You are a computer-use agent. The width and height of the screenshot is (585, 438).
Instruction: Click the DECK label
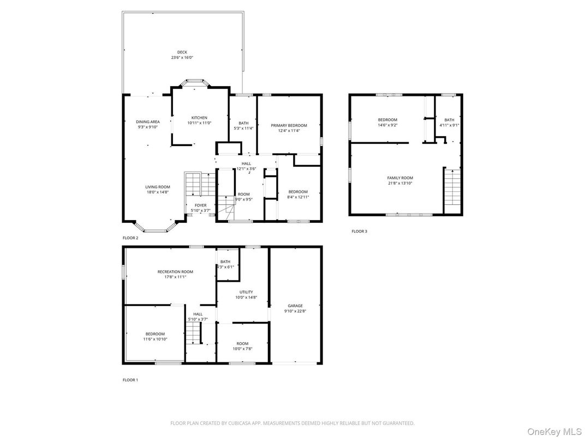click(x=182, y=52)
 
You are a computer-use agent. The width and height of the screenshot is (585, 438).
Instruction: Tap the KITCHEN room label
click(x=199, y=118)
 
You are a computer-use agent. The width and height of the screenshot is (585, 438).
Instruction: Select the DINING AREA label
click(x=147, y=121)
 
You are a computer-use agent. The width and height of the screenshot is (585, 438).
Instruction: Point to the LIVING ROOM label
click(x=158, y=187)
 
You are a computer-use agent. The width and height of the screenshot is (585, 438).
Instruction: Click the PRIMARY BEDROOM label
click(x=289, y=125)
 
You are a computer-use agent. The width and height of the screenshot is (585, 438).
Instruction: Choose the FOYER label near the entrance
click(x=200, y=205)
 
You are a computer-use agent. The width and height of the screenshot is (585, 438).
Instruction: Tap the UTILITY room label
click(x=246, y=292)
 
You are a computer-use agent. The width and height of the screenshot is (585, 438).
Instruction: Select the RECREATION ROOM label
click(x=175, y=271)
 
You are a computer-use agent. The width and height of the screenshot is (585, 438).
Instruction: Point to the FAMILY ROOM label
click(x=400, y=178)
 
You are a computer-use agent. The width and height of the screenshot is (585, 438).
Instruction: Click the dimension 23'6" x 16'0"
click(x=182, y=58)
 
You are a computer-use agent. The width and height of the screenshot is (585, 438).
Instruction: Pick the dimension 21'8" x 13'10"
click(x=400, y=183)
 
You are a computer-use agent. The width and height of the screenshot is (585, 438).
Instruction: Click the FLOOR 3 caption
click(x=359, y=232)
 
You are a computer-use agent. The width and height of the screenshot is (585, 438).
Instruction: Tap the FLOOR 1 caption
click(x=130, y=380)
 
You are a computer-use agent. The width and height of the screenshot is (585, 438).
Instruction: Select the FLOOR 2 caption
click(x=130, y=238)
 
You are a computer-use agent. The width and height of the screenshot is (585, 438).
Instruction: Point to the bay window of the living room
click(x=154, y=229)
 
